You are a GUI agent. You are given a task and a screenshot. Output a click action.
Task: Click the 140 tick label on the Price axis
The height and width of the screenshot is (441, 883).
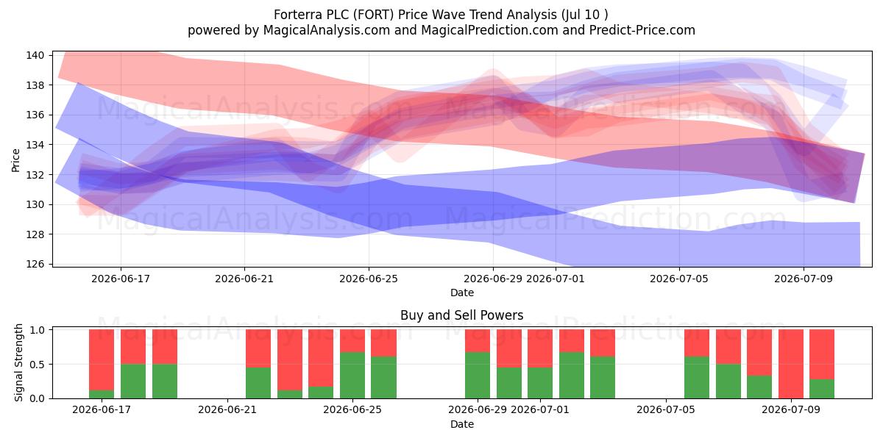35,55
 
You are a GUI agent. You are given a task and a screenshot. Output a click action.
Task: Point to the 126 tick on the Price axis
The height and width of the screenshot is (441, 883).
35,264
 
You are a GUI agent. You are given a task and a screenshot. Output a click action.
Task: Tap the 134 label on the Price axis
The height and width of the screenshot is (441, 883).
35,145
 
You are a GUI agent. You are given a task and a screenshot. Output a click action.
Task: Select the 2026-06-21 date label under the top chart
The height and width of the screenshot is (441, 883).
244,279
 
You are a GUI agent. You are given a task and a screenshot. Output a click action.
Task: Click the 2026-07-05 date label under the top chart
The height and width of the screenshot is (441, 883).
678,279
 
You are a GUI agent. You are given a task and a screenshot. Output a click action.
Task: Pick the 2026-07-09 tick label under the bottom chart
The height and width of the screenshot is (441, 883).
791,409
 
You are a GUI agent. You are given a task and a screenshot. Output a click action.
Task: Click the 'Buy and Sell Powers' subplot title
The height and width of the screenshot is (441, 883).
461,315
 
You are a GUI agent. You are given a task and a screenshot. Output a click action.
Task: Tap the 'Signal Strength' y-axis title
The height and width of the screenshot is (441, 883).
18,362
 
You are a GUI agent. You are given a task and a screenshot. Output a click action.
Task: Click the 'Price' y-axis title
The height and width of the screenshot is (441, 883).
15,160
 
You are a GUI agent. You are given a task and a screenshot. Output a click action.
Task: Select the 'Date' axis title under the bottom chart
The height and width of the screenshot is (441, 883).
462,424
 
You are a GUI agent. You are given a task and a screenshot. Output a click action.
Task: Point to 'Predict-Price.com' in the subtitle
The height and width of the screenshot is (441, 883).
642,30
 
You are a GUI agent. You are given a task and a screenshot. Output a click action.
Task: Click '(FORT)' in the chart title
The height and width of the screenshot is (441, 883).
373,15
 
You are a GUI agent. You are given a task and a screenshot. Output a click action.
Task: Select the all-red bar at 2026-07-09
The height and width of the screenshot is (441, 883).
791,364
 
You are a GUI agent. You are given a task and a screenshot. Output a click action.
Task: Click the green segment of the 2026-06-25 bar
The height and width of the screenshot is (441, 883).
352,376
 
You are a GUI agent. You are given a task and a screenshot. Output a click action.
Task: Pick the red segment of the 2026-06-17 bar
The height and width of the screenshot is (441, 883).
102,360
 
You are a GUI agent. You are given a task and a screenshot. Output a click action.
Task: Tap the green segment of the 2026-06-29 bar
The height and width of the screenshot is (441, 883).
478,376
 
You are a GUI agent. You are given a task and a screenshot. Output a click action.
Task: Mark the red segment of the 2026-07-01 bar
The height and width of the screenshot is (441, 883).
540,348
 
